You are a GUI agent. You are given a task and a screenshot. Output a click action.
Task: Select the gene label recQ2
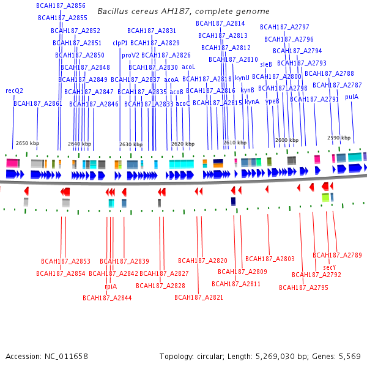tap(14, 91)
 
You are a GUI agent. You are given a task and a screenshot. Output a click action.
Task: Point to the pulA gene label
tap(352, 97)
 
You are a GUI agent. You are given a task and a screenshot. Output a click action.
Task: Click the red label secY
tap(330, 267)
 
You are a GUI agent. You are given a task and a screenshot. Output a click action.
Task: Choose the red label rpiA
tap(110, 286)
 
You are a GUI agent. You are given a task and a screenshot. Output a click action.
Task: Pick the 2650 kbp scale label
tap(28, 143)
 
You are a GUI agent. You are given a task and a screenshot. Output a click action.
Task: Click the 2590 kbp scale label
tap(339, 138)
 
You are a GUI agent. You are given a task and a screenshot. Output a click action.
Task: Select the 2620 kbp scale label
tap(183, 144)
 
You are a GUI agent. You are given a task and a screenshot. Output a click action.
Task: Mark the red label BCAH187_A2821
tap(199, 297)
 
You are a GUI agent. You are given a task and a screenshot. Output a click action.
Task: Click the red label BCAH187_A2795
tap(304, 287)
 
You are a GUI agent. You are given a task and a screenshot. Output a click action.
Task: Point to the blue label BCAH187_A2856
tap(61, 6)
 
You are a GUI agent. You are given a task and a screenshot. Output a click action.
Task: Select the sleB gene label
tap(266, 64)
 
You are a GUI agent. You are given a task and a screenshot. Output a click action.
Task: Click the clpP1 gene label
tap(120, 43)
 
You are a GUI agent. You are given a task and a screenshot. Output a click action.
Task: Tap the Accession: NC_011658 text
tap(46, 356)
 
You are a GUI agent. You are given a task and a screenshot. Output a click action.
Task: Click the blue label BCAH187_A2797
tap(284, 27)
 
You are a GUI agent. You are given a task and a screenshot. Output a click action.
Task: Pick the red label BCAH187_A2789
tap(338, 255)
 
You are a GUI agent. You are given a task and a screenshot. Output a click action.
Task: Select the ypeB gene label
tap(273, 101)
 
